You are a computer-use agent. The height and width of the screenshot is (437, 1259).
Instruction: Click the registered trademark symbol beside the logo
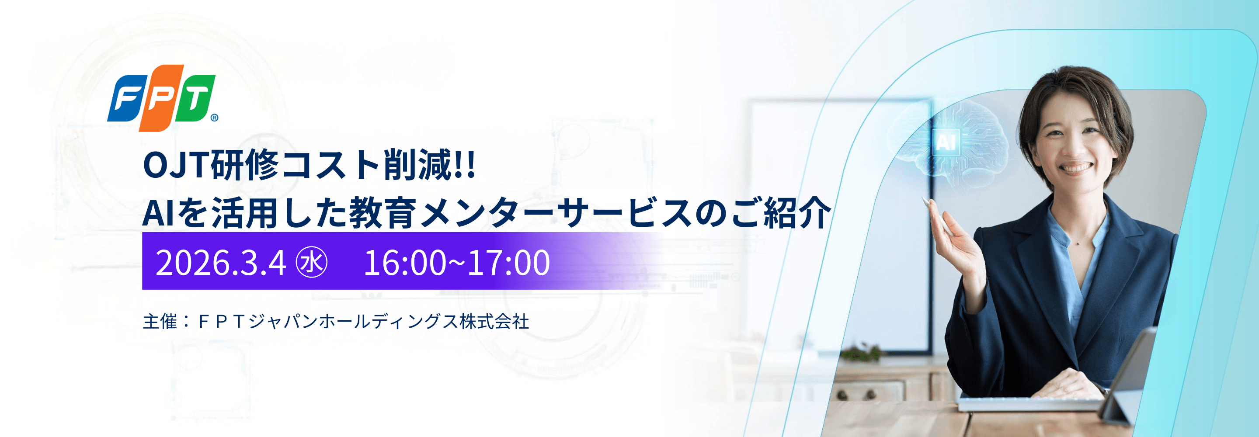click(x=215, y=117)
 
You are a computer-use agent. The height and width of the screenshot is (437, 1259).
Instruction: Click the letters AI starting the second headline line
click(x=158, y=214)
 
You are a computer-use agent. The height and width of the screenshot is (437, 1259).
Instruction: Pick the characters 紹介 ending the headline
click(x=797, y=213)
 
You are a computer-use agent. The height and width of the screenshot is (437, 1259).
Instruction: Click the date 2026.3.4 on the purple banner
click(x=220, y=263)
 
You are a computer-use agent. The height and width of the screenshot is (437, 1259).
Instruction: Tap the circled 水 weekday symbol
click(x=312, y=262)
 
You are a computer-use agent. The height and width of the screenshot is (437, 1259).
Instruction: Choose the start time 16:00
click(x=405, y=263)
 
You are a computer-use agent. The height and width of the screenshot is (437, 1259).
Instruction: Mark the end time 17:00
click(x=508, y=263)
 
